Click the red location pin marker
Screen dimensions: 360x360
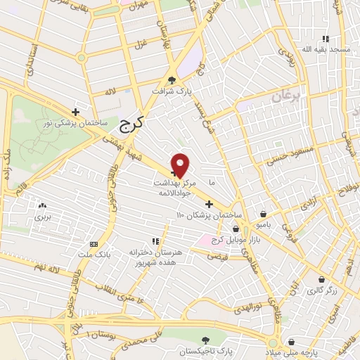(181, 165)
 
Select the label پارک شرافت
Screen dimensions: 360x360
(174, 91)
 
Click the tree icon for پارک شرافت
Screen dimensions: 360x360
(173, 80)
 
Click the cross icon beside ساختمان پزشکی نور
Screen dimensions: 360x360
(76, 112)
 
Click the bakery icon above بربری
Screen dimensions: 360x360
(43, 207)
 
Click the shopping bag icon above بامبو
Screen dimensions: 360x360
(262, 214)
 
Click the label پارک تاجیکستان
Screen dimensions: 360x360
(206, 350)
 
